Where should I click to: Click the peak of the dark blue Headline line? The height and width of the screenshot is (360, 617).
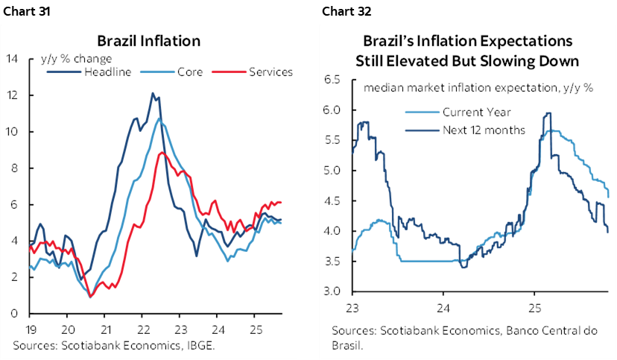tap(153, 93)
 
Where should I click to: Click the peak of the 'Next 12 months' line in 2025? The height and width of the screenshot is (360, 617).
tap(548, 113)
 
